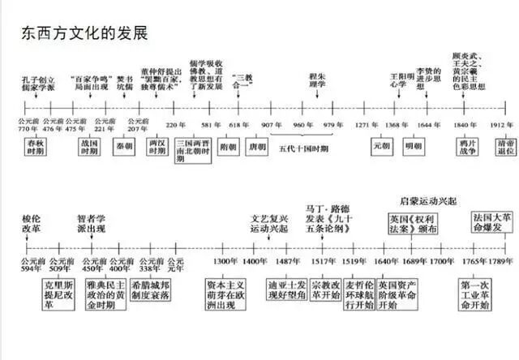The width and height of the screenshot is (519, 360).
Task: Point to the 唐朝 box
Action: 257,147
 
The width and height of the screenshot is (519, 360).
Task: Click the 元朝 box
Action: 382,147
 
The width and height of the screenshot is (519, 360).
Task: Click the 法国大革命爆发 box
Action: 493,224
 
